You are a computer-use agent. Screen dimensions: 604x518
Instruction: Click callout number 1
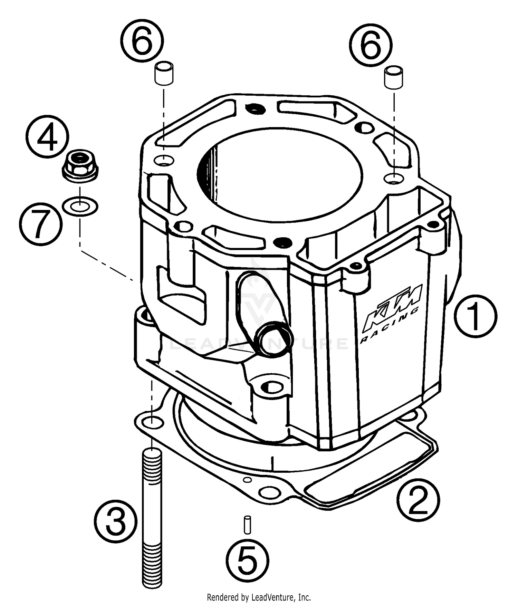tap(475, 316)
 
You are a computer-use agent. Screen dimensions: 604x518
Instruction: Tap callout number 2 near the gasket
tap(418, 499)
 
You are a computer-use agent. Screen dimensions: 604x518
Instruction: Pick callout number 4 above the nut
tap(47, 137)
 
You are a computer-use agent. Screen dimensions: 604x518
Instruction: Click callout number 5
tap(248, 560)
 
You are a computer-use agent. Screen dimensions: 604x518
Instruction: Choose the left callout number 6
tap(142, 41)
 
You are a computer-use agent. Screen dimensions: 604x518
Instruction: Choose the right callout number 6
tap(371, 45)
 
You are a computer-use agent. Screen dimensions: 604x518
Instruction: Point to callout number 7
tap(41, 224)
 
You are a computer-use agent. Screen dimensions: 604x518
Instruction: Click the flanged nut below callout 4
tap(80, 166)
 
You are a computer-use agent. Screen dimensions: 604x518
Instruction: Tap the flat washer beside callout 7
tap(80, 207)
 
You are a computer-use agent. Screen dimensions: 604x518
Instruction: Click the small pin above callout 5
tap(248, 525)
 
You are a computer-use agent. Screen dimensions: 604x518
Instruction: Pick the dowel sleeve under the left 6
tap(164, 73)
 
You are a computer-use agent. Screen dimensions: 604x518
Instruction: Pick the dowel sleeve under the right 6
tap(393, 78)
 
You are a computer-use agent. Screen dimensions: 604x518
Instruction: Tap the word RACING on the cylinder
tap(390, 326)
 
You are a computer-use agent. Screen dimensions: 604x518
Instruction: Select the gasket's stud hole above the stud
tap(152, 422)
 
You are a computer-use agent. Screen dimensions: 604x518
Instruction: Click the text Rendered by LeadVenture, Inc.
tap(259, 597)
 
